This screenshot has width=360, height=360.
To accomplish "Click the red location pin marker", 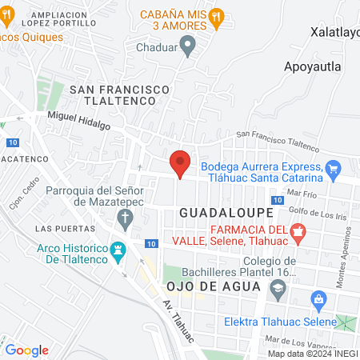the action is (181, 163).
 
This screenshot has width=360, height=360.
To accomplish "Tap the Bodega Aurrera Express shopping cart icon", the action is (334, 168).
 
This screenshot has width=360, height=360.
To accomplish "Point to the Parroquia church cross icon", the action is (124, 218).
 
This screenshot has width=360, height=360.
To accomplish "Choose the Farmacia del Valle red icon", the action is (298, 233).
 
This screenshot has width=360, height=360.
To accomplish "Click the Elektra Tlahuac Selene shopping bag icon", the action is (319, 301).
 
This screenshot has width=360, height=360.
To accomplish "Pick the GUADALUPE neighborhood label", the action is (226, 214).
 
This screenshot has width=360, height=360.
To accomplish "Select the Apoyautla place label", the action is (313, 66).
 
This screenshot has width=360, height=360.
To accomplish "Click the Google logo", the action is (27, 350).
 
